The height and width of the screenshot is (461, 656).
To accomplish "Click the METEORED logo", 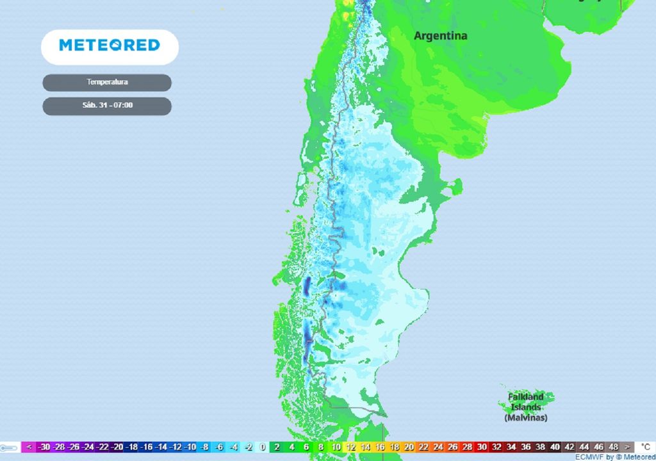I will pyautogui.click(x=110, y=45).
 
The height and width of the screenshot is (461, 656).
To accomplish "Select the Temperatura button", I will pyautogui.click(x=107, y=83).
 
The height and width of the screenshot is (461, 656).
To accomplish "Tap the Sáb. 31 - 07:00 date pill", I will pyautogui.click(x=107, y=106).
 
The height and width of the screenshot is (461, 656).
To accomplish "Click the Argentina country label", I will pyautogui.click(x=440, y=36).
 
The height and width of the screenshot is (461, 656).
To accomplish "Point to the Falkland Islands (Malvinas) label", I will pyautogui.click(x=525, y=407).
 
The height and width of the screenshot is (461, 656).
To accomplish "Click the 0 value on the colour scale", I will pyautogui.click(x=263, y=447).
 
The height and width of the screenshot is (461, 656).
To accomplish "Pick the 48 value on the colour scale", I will pyautogui.click(x=613, y=447).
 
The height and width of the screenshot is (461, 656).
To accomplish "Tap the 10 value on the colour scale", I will pyautogui.click(x=336, y=447).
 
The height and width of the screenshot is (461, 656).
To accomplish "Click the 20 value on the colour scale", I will pyautogui.click(x=409, y=447).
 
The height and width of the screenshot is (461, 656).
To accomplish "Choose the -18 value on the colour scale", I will pyautogui.click(x=131, y=447).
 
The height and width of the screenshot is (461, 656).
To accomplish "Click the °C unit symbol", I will pyautogui.click(x=645, y=447).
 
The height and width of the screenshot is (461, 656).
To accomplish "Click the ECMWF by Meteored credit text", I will pyautogui.click(x=614, y=457).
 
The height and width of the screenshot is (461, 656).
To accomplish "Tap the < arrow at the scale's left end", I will pyautogui.click(x=29, y=447).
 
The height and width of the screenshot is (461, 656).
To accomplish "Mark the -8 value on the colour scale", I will pyautogui.click(x=204, y=447).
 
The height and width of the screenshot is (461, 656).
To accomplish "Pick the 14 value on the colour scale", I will pyautogui.click(x=365, y=447).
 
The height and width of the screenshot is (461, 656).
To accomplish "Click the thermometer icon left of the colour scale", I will pyautogui.click(x=9, y=447).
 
